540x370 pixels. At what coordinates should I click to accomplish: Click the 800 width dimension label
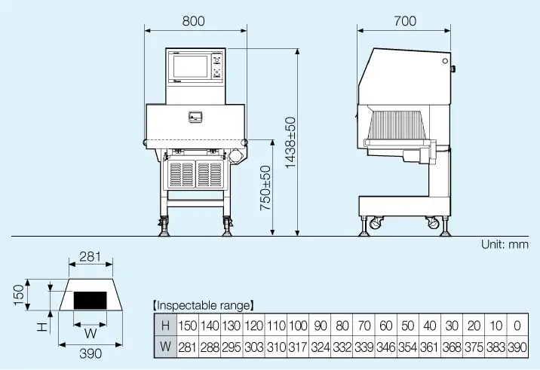coord(194,22)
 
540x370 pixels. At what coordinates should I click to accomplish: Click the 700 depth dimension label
coord(405,22)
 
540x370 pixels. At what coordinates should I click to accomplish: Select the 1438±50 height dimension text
coord(290,142)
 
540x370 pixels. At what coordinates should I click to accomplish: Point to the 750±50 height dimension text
coord(265,188)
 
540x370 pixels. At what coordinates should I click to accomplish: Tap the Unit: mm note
coord(505,245)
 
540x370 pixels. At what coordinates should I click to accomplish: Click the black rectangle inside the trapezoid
coord(90,300)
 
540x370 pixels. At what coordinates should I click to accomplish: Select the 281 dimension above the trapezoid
coord(90,257)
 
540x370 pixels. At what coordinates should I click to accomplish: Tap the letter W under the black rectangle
coord(90,332)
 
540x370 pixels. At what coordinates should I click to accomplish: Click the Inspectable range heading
coord(203,306)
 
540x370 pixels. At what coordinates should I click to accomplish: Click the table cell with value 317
coord(298,347)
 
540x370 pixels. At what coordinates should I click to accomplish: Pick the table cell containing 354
coord(407,347)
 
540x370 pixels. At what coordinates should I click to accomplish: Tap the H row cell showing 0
coord(517,326)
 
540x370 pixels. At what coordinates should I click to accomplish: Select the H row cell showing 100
coord(298,326)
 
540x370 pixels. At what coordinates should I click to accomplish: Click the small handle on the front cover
coord(195,117)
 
